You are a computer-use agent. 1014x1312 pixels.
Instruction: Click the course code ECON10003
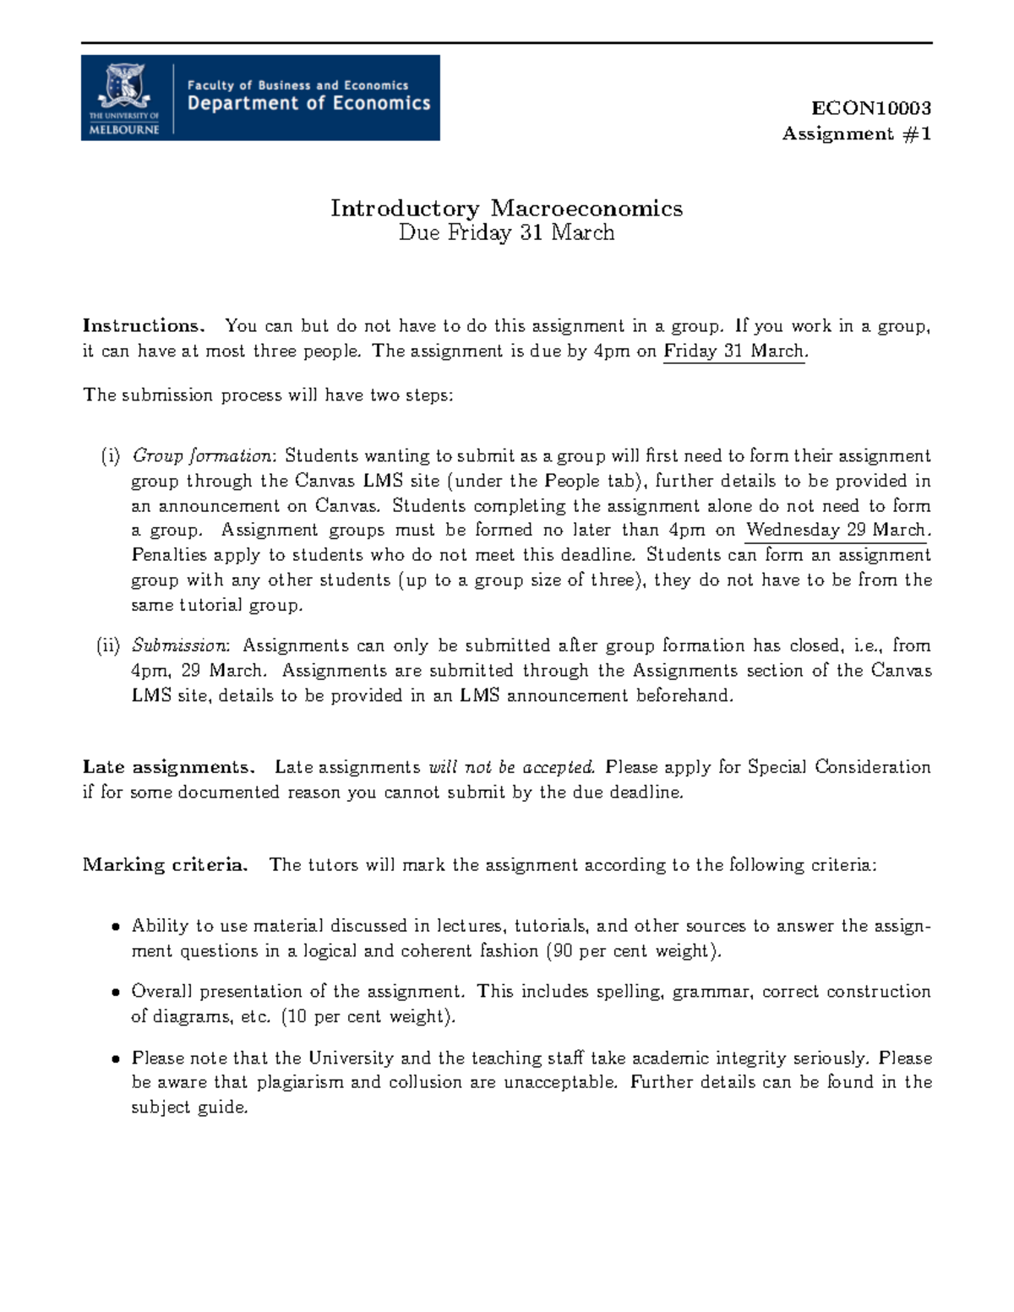click(x=871, y=108)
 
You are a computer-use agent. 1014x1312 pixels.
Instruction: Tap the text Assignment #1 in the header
click(x=857, y=133)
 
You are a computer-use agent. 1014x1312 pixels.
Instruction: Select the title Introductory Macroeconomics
click(x=506, y=208)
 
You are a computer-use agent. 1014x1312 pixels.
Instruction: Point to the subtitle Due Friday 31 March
click(x=506, y=233)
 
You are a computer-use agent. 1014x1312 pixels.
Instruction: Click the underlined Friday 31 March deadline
click(x=734, y=351)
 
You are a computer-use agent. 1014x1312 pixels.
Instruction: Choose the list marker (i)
click(x=111, y=456)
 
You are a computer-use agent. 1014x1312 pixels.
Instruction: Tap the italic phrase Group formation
click(x=202, y=456)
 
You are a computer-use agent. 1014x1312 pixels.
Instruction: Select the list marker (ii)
click(x=108, y=646)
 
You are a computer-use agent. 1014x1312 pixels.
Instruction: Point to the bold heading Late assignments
click(x=168, y=767)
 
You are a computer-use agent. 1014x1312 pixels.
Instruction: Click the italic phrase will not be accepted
click(x=512, y=767)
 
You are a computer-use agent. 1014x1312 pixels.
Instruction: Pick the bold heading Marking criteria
click(x=165, y=865)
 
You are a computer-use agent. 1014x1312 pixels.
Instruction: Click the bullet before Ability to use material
click(x=116, y=927)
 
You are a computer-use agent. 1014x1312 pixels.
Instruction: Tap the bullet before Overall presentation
click(x=116, y=993)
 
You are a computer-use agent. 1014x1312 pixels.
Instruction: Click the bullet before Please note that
click(x=116, y=1059)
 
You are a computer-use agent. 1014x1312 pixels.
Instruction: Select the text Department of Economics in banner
click(x=308, y=104)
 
